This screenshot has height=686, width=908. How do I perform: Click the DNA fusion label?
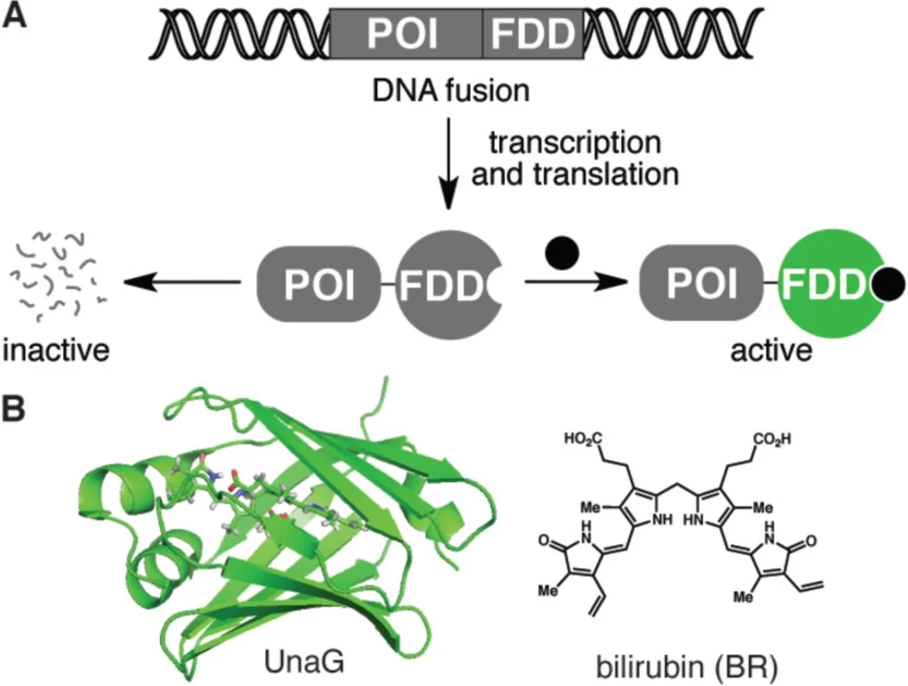(444, 89)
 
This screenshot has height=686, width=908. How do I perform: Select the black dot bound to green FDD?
(890, 282)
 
